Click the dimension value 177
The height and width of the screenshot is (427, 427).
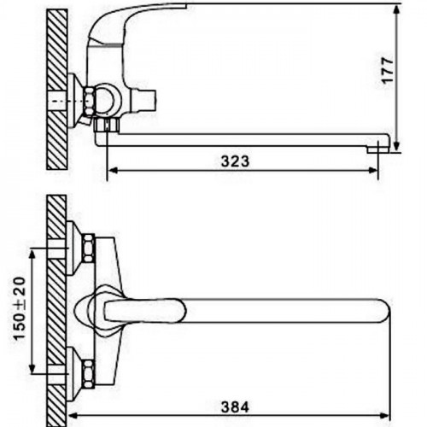[x=388, y=70]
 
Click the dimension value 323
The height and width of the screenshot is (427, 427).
[x=235, y=161]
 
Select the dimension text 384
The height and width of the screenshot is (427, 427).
[x=235, y=407]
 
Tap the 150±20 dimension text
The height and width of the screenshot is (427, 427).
[x=20, y=308]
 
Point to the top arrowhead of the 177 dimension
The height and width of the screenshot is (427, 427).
[x=396, y=10]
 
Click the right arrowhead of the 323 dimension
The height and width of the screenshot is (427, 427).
[x=373, y=171]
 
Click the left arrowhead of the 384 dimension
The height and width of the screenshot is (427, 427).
[x=73, y=416]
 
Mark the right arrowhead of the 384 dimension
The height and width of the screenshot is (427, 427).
[x=384, y=416]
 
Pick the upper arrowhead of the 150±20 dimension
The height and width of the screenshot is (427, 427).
[x=32, y=254]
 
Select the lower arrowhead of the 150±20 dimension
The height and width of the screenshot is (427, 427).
[x=32, y=367]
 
